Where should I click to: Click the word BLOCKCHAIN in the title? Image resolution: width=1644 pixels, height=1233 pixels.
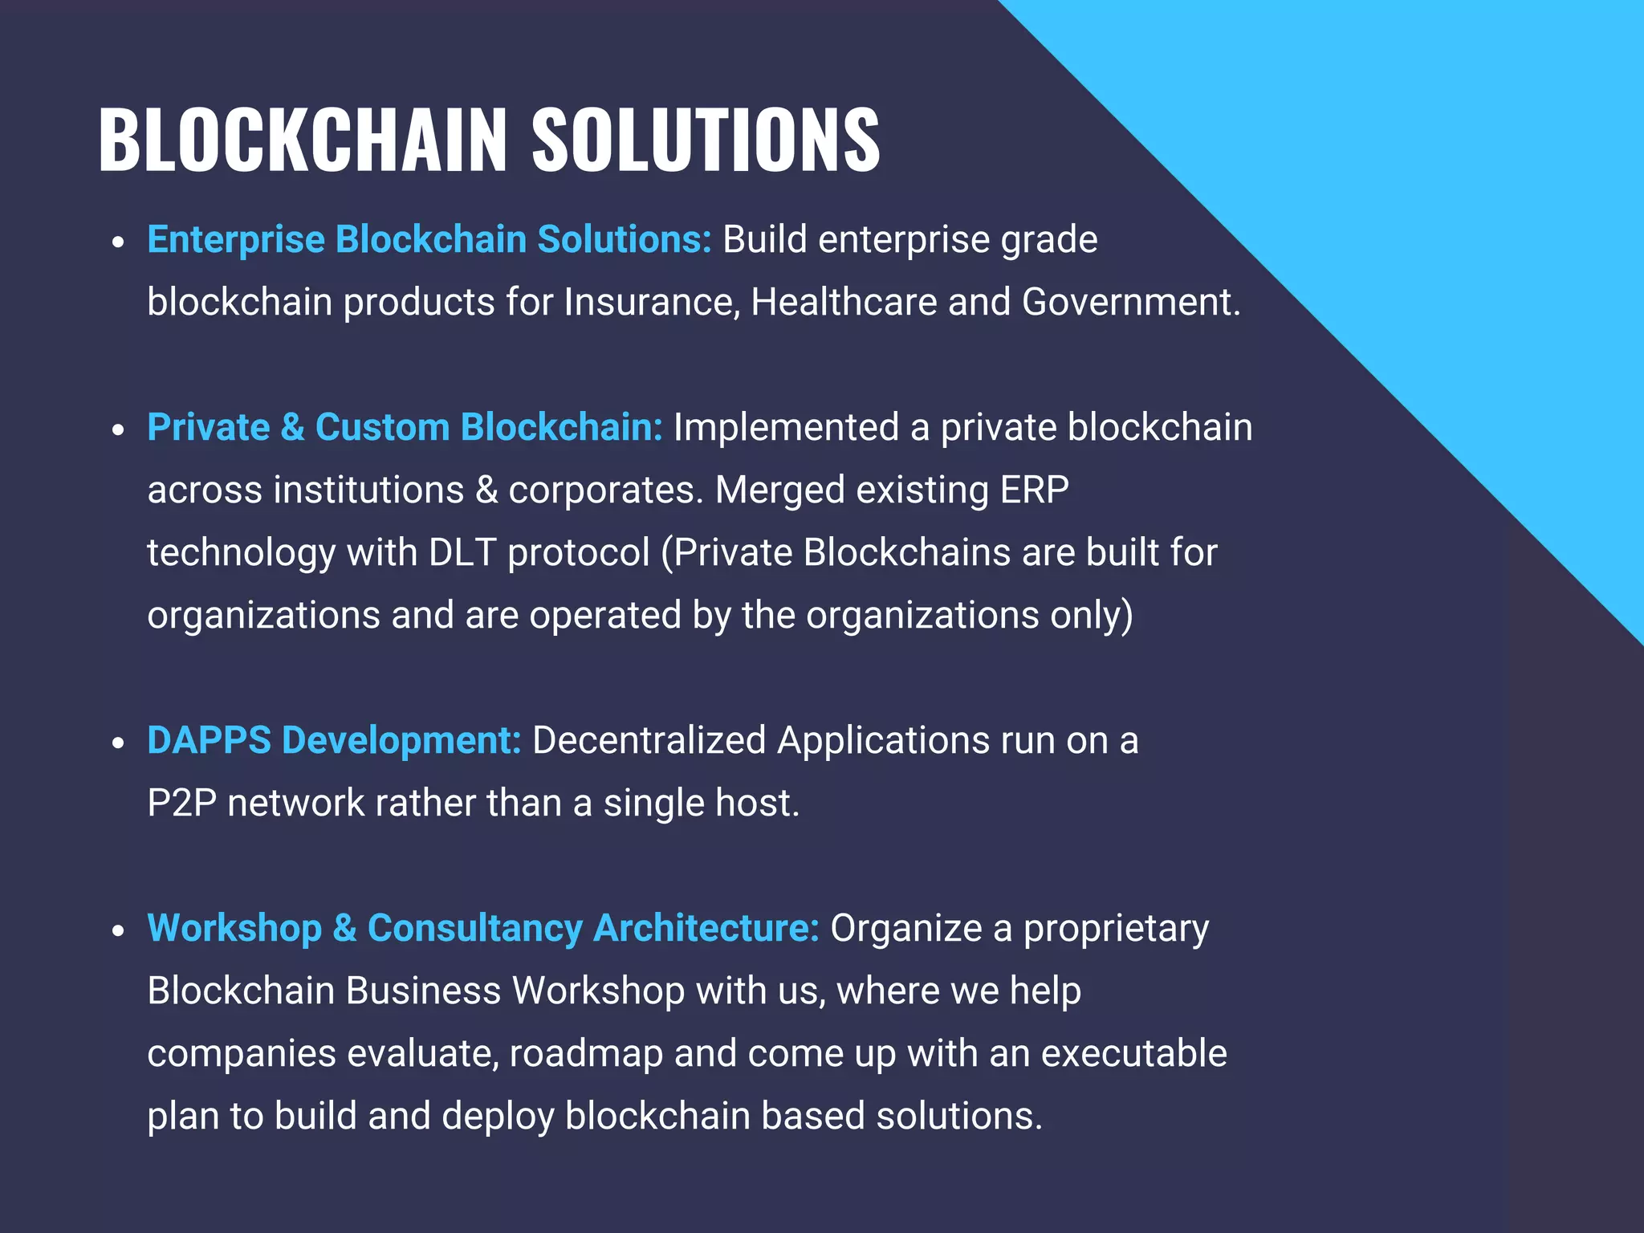tap(303, 140)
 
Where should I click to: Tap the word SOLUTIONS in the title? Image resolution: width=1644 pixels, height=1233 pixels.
tap(706, 140)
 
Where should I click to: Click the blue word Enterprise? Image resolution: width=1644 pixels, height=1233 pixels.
tap(236, 239)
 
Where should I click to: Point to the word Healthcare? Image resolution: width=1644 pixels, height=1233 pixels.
tap(844, 303)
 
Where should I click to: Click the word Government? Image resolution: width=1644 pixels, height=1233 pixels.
tap(1130, 303)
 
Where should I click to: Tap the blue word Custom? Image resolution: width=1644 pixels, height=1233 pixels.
tap(382, 427)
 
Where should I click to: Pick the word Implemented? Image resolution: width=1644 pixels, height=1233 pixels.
tap(786, 427)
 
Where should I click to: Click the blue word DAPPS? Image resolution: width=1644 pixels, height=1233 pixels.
tap(209, 740)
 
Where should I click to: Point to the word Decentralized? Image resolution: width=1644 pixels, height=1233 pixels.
tap(649, 740)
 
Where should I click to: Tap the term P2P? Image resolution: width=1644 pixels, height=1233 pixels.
tap(182, 803)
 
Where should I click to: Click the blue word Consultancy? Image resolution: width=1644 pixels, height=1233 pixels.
tap(474, 928)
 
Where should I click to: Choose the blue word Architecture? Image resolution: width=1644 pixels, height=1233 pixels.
tap(706, 928)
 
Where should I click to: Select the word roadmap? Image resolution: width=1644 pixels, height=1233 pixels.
tap(586, 1053)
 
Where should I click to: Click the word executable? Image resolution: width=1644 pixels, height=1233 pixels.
tap(1133, 1053)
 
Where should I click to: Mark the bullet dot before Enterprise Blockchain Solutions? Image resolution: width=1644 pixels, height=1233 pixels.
tap(119, 242)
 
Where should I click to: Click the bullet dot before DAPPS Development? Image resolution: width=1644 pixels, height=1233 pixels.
tap(119, 743)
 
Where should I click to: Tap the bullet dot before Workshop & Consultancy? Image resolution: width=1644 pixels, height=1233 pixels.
tap(119, 930)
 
